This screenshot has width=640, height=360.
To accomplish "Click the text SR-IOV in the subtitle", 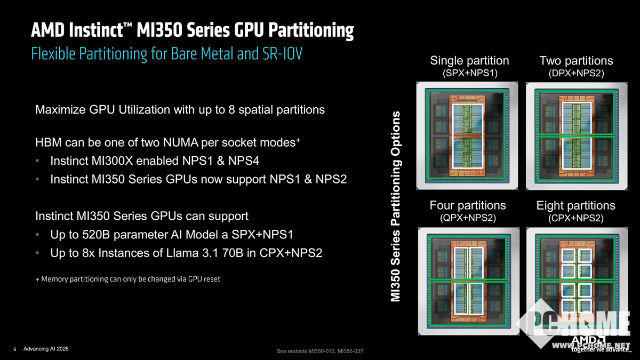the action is [282, 53].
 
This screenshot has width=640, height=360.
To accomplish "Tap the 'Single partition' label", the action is [469, 61].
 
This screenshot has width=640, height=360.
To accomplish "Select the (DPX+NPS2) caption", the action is [577, 73].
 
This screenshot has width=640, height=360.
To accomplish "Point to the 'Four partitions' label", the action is [468, 205].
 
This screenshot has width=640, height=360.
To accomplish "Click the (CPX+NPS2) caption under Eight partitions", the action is [575, 218].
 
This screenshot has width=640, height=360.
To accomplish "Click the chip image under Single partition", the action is [467, 135].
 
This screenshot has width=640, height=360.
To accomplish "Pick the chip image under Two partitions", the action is [577, 137].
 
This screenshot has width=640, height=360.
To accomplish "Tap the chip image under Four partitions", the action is [469, 281].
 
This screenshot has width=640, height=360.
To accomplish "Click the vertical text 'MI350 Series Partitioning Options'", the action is [396, 206].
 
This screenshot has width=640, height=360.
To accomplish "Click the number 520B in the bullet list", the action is [96, 235].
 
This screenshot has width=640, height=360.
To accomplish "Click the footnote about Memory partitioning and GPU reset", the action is [127, 279].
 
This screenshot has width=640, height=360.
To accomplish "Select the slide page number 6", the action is [15, 349].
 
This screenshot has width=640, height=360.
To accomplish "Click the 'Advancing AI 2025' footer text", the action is [46, 349].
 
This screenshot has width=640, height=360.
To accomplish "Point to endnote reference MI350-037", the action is [350, 351].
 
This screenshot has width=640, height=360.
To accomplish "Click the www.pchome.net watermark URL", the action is [591, 346].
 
